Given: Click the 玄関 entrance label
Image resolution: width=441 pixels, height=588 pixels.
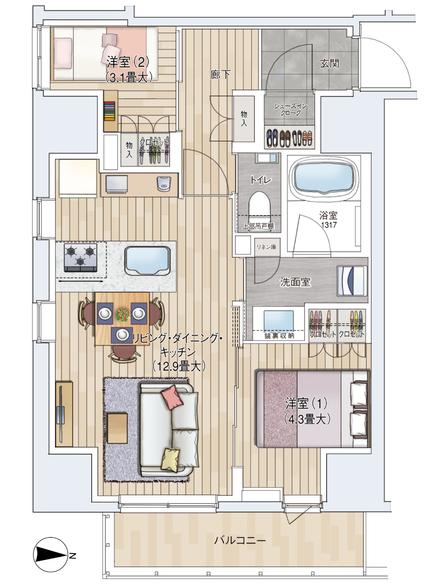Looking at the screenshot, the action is (x=329, y=63).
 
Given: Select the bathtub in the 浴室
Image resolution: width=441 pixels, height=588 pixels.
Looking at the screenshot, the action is (x=323, y=178).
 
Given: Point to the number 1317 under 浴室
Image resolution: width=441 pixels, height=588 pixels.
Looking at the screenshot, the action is (x=329, y=225).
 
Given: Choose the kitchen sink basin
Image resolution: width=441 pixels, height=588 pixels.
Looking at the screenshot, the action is (x=147, y=260).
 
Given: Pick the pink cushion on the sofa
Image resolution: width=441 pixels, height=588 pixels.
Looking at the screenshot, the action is (x=173, y=398).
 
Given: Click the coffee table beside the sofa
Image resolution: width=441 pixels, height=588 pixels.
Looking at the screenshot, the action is (x=117, y=428).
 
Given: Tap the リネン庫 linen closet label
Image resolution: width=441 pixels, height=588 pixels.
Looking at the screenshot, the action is (x=266, y=247).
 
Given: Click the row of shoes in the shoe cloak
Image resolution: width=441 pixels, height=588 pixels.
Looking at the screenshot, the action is (x=289, y=138).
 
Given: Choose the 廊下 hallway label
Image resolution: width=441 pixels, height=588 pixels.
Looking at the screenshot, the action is (x=220, y=74).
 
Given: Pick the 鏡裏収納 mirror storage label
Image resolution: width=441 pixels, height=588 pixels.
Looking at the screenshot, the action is (x=279, y=336).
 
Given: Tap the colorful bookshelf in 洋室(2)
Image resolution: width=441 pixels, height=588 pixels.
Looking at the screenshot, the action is (x=110, y=111).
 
